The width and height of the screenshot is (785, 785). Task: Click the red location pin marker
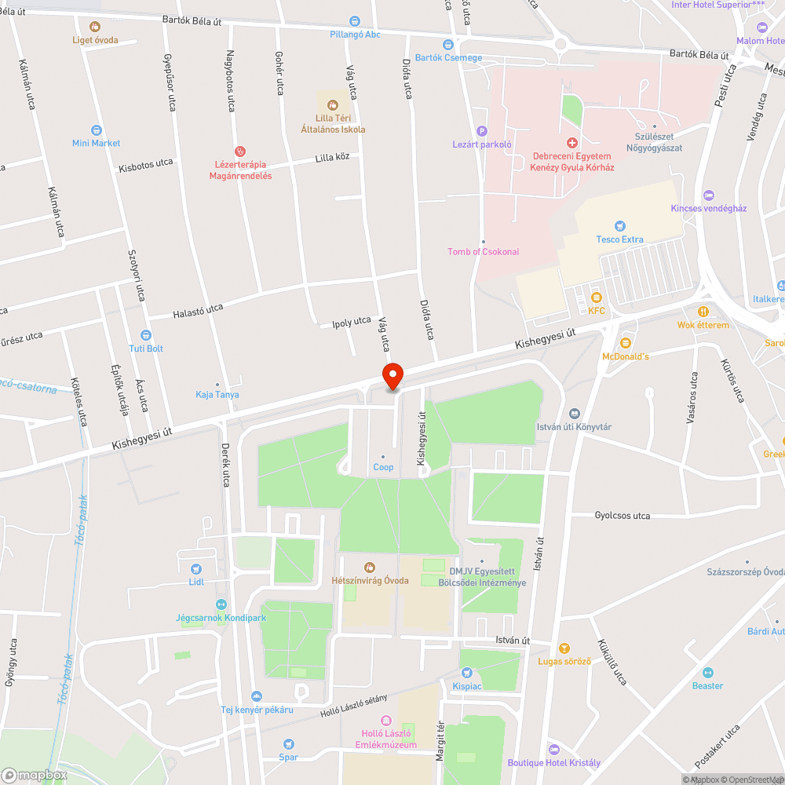392,375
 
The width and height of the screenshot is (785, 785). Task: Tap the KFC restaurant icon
597,297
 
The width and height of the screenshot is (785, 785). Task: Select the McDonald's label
626,356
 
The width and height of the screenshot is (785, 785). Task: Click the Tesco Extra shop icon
620,226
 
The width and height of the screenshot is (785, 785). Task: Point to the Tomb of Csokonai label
483,251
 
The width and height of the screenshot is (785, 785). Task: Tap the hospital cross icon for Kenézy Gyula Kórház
572,143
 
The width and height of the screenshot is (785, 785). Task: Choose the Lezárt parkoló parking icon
482,131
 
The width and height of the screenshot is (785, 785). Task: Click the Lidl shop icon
195,568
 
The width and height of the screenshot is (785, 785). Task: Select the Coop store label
383,468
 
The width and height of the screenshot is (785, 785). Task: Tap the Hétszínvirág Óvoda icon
370,567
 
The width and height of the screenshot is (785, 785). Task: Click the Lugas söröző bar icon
564,648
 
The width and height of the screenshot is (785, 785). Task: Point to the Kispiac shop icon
467,672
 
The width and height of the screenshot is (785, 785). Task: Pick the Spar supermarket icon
289,743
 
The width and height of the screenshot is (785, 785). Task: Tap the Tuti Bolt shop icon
145,335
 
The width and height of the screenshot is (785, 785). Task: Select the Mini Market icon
97,130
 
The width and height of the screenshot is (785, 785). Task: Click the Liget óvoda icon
95,27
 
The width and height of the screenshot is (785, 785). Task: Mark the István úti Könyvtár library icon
574,414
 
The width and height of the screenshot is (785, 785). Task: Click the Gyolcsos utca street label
623,516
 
